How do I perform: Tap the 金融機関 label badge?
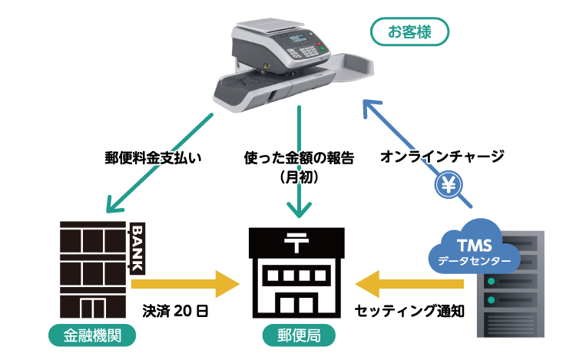pyautogui.click(x=91, y=335)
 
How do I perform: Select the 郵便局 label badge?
pyautogui.click(x=298, y=335)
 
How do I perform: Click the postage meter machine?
pyautogui.click(x=292, y=65)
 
